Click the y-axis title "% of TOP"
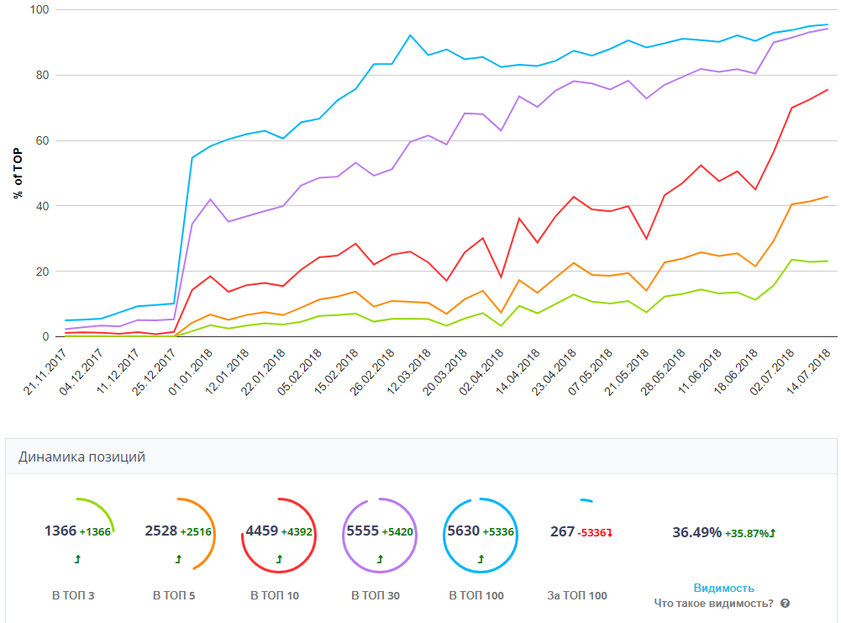click(x=18, y=173)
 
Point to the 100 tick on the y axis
click(x=39, y=10)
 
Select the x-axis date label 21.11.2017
click(x=46, y=367)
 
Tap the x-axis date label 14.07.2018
click(x=813, y=367)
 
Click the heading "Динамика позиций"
click(x=81, y=457)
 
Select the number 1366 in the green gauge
click(x=60, y=531)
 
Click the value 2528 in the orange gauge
click(x=161, y=531)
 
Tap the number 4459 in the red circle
click(x=261, y=531)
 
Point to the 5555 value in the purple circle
click(x=363, y=531)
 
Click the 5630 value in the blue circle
click(x=462, y=531)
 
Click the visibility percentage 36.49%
click(x=696, y=532)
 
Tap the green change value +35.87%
click(x=750, y=533)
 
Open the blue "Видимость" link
click(x=723, y=588)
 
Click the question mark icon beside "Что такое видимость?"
click(x=785, y=603)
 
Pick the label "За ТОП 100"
click(x=576, y=596)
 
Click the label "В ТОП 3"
click(x=73, y=596)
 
